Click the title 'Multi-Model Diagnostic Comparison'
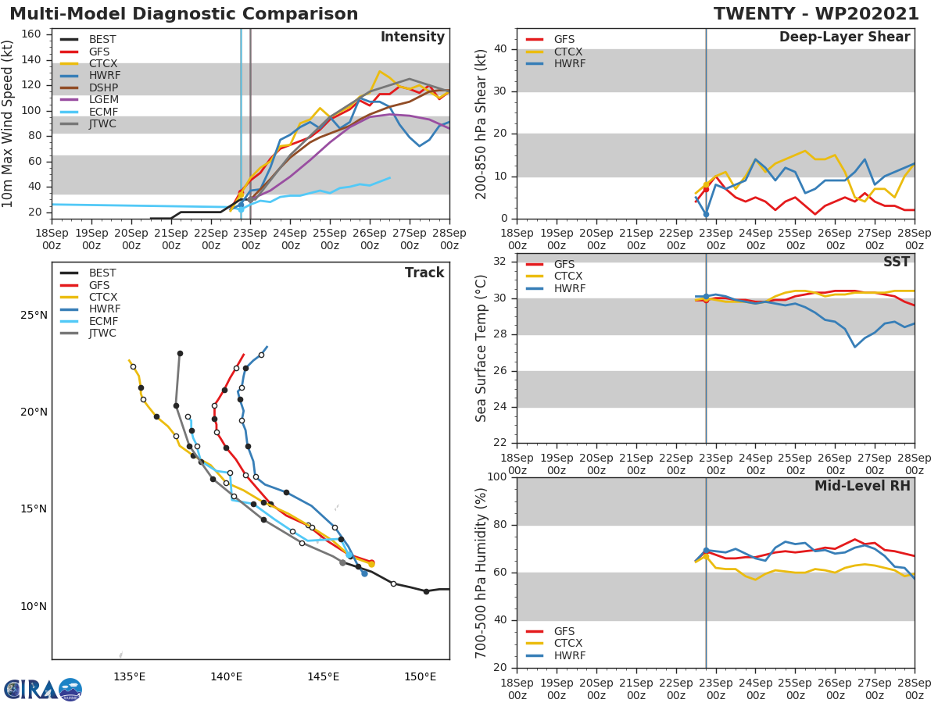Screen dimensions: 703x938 click(x=184, y=14)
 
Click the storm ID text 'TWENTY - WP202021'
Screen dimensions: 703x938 click(x=816, y=14)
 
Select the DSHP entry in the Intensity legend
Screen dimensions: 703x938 click(x=102, y=87)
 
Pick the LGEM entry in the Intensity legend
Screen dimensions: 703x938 click(x=102, y=100)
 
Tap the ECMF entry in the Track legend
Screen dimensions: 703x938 click(x=102, y=321)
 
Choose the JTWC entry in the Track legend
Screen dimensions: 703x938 click(x=102, y=334)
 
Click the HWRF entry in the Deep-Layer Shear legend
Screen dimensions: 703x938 click(x=569, y=64)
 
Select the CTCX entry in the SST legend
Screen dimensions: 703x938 click(x=569, y=277)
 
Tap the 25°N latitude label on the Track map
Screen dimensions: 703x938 click(x=34, y=316)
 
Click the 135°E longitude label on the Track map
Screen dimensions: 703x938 click(x=129, y=676)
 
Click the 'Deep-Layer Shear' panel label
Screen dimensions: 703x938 click(x=844, y=37)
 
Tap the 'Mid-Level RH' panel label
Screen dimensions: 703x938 click(x=862, y=486)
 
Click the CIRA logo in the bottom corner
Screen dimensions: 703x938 click(x=43, y=689)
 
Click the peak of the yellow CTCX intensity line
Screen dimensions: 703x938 click(x=380, y=71)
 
